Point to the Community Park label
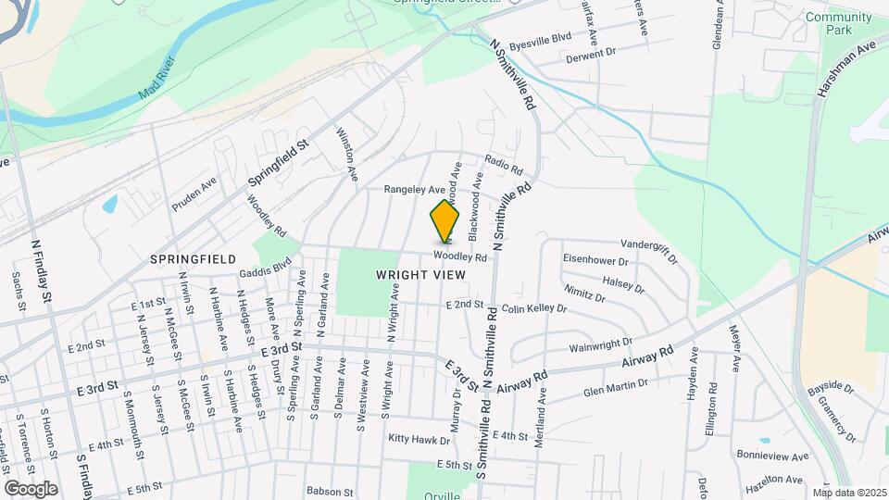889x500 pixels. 838,23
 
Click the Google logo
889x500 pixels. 31,488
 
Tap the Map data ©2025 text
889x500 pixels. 850,492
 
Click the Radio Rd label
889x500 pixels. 503,164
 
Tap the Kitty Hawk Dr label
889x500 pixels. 411,437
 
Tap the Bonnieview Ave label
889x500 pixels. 773,456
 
